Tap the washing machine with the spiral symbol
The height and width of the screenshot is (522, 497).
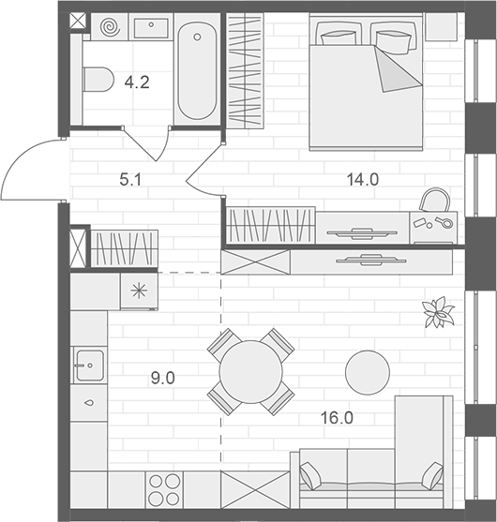(x=110, y=27)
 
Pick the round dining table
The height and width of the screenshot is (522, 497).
(x=250, y=371)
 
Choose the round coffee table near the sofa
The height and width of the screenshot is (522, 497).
(x=367, y=372)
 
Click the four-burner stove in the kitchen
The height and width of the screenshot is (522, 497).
(x=166, y=490)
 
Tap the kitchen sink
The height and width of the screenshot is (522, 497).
(x=89, y=360)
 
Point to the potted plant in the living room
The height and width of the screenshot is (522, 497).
(x=435, y=313)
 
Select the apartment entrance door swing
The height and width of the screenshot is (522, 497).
(x=33, y=169)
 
